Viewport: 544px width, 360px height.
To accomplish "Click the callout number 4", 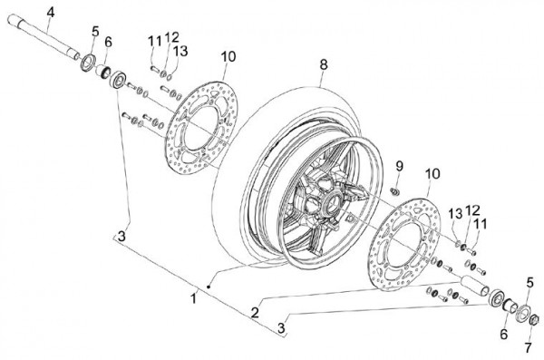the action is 51,14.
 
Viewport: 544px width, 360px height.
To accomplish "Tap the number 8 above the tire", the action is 324,64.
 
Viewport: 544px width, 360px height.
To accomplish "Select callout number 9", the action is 399,166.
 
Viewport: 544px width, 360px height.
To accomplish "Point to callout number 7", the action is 528,347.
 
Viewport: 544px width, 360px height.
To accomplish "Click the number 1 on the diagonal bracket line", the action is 194,298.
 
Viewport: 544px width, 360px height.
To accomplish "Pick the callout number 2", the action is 255,313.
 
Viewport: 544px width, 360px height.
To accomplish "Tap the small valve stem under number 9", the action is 394,191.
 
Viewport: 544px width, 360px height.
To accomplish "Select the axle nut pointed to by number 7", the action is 534,319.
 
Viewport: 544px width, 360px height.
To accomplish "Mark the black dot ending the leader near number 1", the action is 209,287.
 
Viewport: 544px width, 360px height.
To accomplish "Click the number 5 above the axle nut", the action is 529,283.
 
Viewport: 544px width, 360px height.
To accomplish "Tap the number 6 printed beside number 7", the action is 504,335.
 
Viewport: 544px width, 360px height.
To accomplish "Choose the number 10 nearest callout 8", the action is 228,56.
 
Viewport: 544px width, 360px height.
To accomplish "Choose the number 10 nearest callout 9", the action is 432,173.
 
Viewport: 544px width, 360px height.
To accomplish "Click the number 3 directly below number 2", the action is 281,328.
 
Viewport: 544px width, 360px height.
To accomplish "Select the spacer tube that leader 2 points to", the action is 474,286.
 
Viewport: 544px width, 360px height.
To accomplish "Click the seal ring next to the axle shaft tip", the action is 89,63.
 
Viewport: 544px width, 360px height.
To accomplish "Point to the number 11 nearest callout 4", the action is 155,42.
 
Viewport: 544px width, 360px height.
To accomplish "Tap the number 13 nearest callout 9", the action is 455,213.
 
